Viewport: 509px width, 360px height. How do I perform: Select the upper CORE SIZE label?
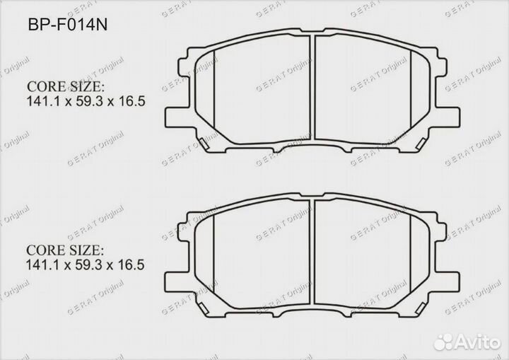65,87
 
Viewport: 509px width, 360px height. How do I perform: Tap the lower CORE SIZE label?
65,251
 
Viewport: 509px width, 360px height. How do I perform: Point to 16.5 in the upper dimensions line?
133,101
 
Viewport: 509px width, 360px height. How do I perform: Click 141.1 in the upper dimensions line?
42,101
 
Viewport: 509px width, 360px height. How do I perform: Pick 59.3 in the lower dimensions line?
88,265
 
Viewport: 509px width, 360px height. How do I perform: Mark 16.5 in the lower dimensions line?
133,265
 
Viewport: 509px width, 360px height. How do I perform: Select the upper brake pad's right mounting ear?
447,115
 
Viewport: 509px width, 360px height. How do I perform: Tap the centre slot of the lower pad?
312,255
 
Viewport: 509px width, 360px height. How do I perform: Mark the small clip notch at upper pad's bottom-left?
206,145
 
